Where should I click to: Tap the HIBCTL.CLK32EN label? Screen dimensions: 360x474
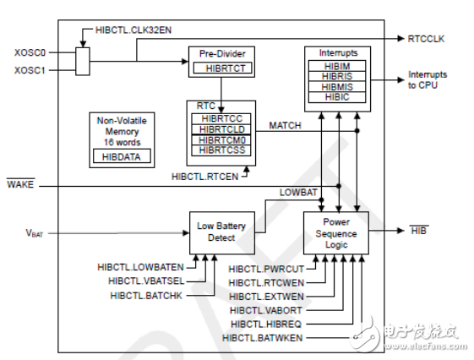tap(128, 31)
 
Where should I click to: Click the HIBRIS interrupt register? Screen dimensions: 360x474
tap(337, 75)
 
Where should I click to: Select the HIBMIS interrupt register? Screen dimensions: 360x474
tap(337, 86)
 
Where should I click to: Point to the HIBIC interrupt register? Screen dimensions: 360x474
tap(337, 97)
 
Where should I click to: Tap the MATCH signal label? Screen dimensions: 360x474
tap(286, 125)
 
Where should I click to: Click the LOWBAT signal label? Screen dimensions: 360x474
tap(297, 194)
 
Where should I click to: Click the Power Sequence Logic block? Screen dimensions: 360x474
tap(336, 233)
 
